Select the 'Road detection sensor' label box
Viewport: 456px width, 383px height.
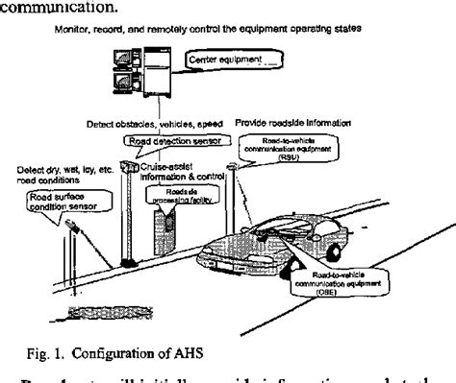point(169,140)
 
